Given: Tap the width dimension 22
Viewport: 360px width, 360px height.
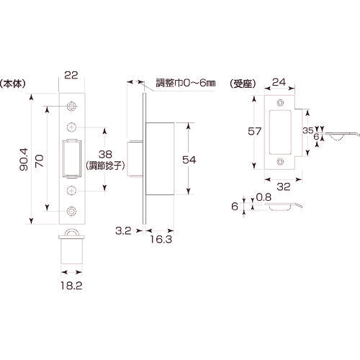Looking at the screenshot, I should pyautogui.click(x=71, y=74).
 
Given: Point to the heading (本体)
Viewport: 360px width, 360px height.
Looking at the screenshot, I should pyautogui.click(x=14, y=83).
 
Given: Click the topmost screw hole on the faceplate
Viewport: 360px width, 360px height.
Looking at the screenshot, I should pyautogui.click(x=71, y=107).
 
